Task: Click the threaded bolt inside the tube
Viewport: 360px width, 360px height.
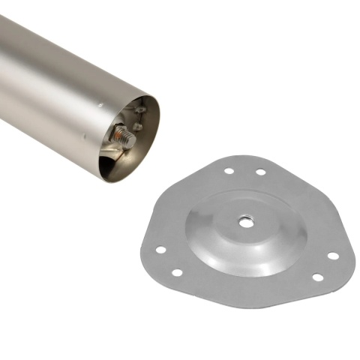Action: tap(124, 137)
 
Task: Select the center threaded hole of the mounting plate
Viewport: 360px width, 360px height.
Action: tap(244, 221)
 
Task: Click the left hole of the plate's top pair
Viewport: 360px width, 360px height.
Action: tap(229, 171)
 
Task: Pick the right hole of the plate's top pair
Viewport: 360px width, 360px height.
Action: tap(260, 172)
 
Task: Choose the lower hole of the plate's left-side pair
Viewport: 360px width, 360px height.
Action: tap(176, 272)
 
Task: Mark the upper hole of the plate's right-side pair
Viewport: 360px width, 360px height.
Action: tap(332, 256)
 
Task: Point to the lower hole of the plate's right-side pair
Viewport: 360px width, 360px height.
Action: tap(317, 277)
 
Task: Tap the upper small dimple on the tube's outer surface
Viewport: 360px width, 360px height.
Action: tap(100, 106)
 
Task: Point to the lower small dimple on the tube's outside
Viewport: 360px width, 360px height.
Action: tap(84, 136)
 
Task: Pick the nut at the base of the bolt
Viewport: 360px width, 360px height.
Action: tap(117, 135)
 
